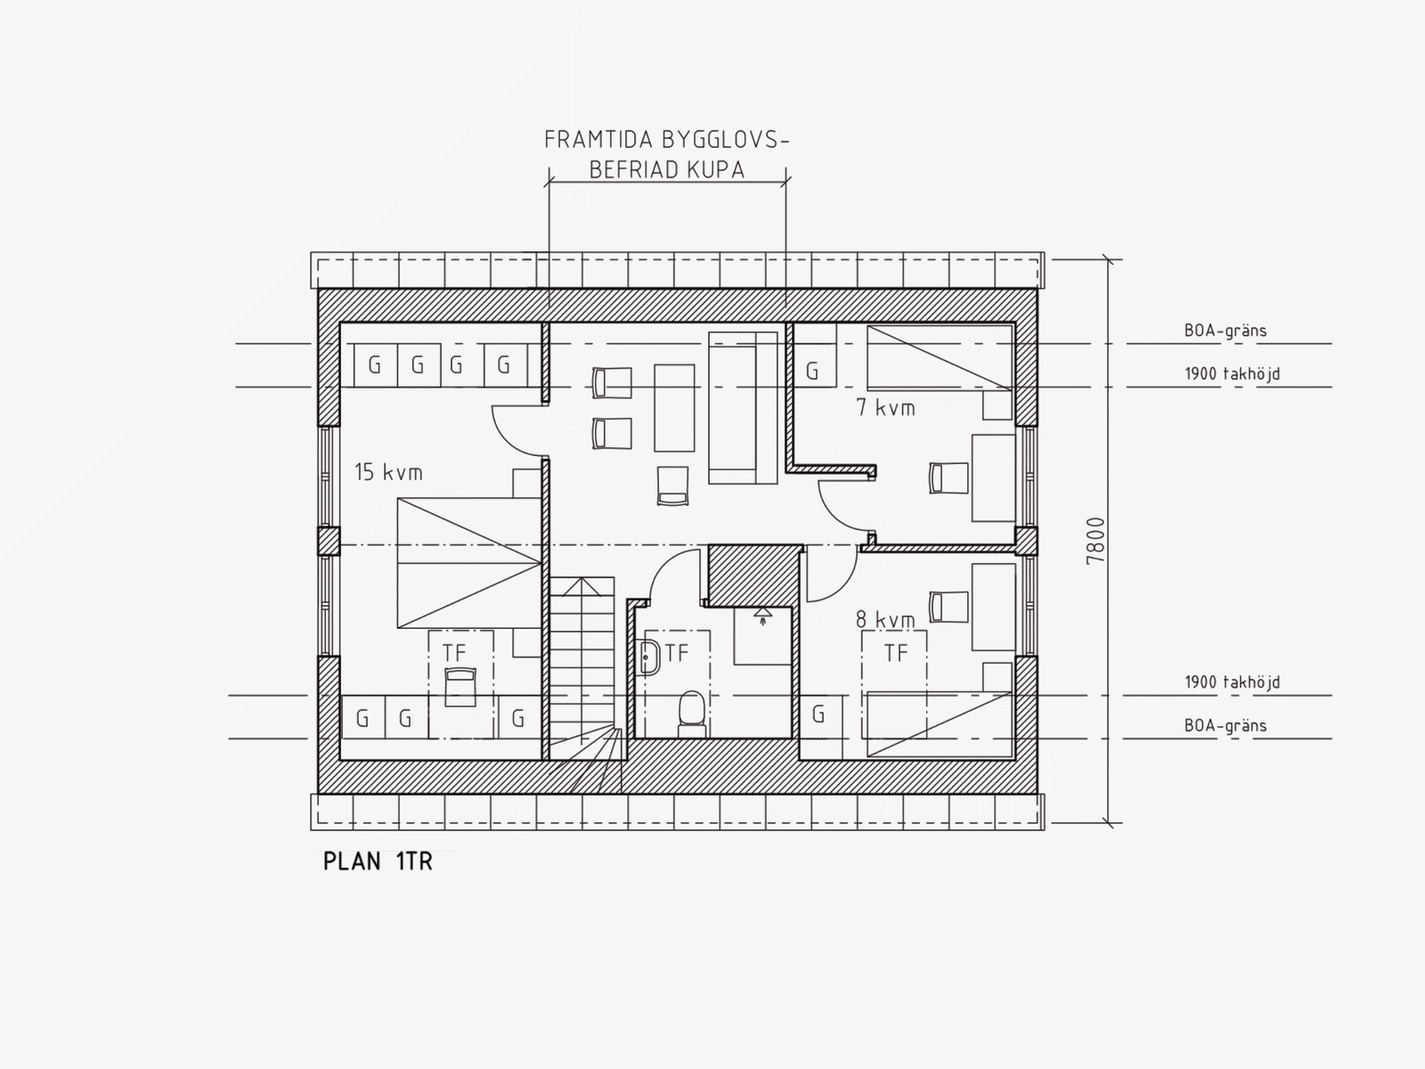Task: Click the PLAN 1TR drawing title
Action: pyautogui.click(x=378, y=861)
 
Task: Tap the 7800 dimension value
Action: pyautogui.click(x=1095, y=541)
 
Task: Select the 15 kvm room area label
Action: pyautogui.click(x=388, y=472)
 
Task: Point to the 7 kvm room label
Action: pyautogui.click(x=885, y=408)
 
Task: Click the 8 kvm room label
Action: pyautogui.click(x=885, y=620)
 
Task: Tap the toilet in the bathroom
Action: pyautogui.click(x=691, y=714)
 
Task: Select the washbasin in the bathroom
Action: pyautogui.click(x=650, y=657)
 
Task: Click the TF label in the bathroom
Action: pyautogui.click(x=677, y=654)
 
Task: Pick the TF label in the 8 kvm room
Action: pyautogui.click(x=896, y=653)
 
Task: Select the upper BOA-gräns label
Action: pyautogui.click(x=1225, y=330)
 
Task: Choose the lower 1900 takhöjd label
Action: pyautogui.click(x=1233, y=682)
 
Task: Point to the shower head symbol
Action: pyautogui.click(x=762, y=615)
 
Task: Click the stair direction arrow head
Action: pyautogui.click(x=582, y=587)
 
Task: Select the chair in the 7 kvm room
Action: pyautogui.click(x=949, y=477)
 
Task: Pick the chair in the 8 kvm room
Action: pyautogui.click(x=949, y=608)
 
